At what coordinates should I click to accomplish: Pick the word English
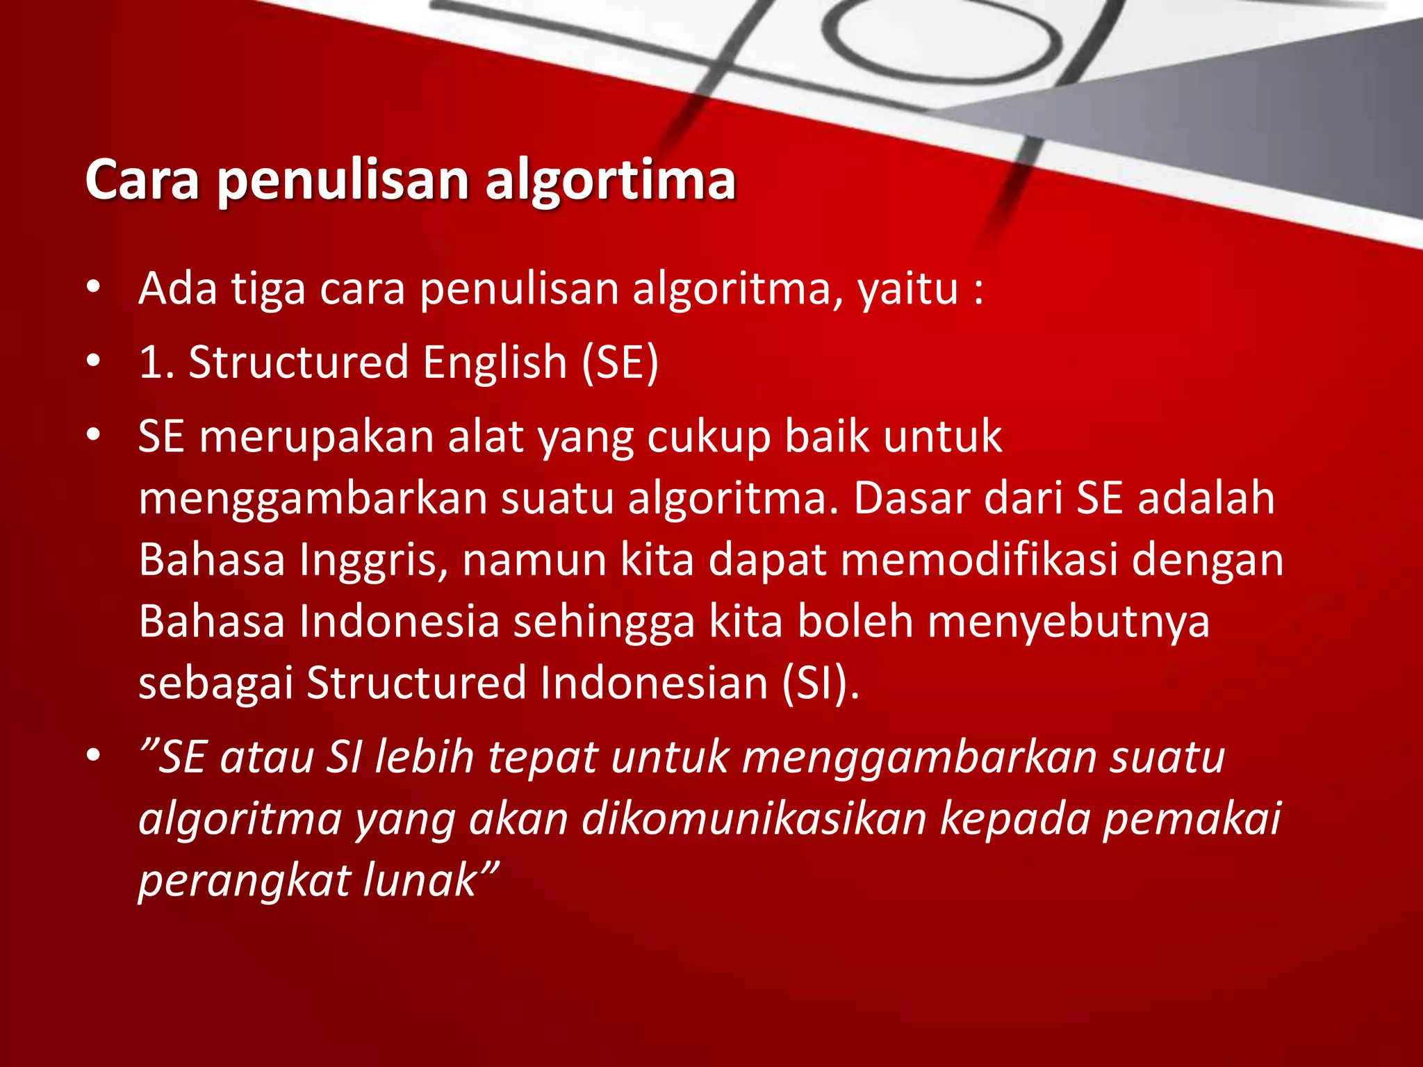[x=495, y=362]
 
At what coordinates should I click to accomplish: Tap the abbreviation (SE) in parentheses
[x=620, y=362]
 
